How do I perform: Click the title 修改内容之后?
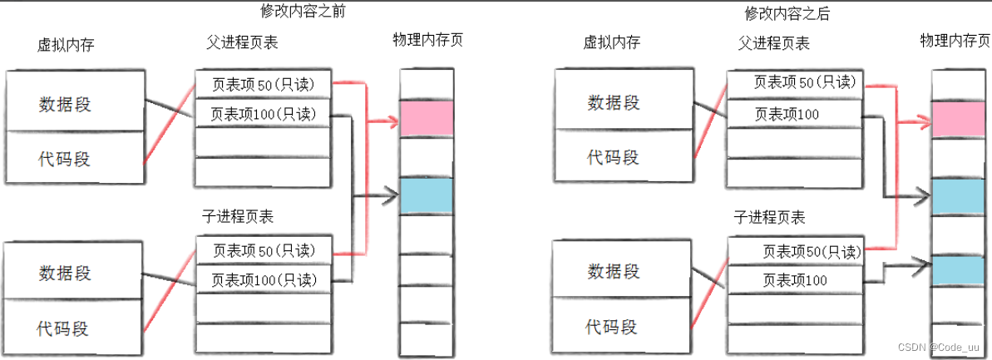pos(787,13)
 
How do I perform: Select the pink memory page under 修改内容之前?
pos(426,119)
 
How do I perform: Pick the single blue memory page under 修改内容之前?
pos(426,195)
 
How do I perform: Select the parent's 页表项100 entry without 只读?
pos(787,114)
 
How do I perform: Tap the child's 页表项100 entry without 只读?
pos(795,280)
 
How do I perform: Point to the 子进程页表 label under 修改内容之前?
pos(238,216)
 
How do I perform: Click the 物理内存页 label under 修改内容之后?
pos(954,40)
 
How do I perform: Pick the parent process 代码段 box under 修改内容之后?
pos(614,156)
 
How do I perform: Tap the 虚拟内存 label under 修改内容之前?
pos(66,44)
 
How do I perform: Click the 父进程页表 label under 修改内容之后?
pos(773,43)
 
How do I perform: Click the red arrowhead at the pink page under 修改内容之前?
pos(392,122)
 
